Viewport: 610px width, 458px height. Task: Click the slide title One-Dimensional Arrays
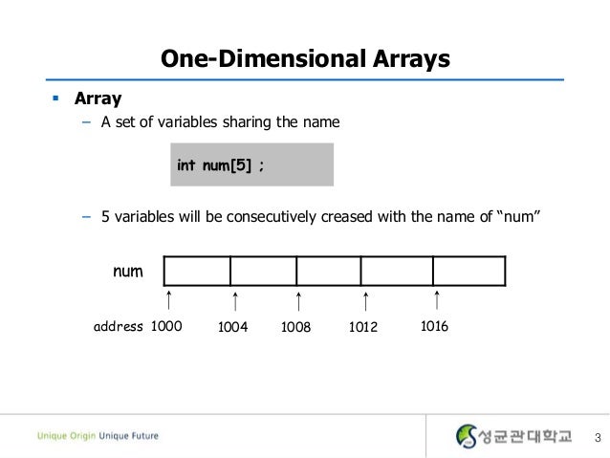point(304,59)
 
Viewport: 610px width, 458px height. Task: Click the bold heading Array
point(98,98)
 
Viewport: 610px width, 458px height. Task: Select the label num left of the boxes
point(128,272)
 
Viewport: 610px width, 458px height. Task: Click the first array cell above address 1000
point(197,272)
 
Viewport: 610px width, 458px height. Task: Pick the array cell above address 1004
point(263,272)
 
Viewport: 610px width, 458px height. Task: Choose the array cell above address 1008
point(328,272)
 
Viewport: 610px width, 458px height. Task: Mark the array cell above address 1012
point(397,272)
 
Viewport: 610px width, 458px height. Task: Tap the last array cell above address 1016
point(468,272)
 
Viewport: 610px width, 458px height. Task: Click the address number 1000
point(166,326)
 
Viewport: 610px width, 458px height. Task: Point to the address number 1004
point(233,327)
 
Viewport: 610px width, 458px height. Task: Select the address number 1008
point(296,327)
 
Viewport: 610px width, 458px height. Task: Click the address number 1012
point(363,327)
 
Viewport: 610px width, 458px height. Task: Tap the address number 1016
point(433,326)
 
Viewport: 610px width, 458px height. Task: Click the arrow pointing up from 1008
point(300,302)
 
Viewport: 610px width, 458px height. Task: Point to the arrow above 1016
point(437,301)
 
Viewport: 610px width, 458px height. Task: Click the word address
point(118,327)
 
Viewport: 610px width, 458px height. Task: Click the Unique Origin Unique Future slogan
point(98,436)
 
